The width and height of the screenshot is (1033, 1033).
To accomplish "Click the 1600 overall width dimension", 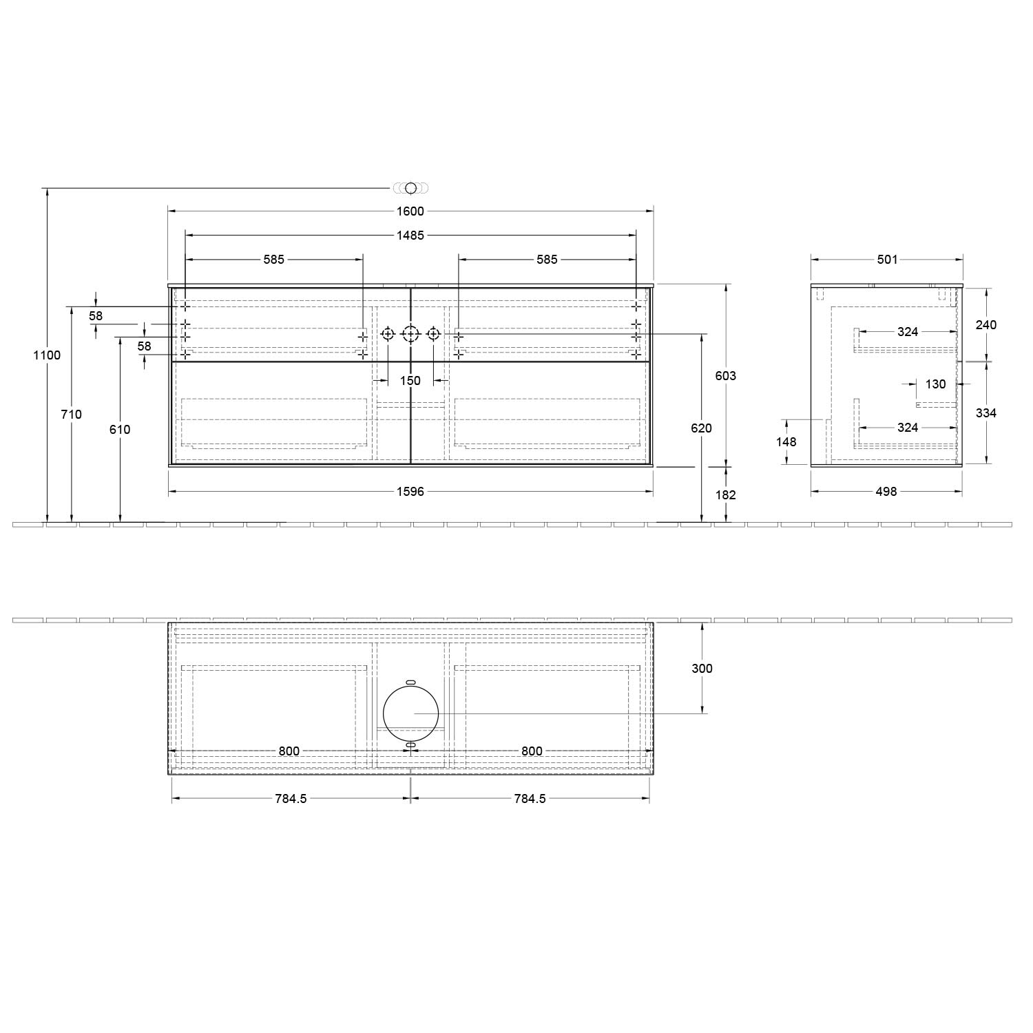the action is coord(410,211).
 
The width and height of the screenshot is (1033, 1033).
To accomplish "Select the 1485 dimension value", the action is coord(410,236).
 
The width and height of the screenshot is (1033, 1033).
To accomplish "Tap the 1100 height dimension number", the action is coord(48,355).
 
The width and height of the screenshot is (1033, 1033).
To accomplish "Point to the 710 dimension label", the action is coord(72,414).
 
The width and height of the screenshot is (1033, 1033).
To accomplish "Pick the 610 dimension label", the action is coord(120,430).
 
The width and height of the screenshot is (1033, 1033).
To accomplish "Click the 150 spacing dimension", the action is coord(410,381).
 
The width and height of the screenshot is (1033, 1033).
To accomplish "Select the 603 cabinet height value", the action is coord(726,375).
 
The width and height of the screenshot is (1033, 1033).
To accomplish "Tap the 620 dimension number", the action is coord(701,428).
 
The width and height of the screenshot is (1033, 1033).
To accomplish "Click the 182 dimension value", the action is coord(726,494).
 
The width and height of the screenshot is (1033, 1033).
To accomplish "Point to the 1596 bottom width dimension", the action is coord(410,492).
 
